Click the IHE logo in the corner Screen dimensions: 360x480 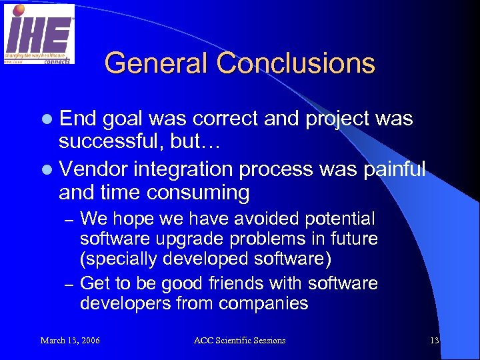pos(39,34)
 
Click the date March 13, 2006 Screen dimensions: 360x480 pos(70,341)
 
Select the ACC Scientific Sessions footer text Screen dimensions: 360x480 pos(239,341)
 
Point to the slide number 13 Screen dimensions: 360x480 pos(434,341)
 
